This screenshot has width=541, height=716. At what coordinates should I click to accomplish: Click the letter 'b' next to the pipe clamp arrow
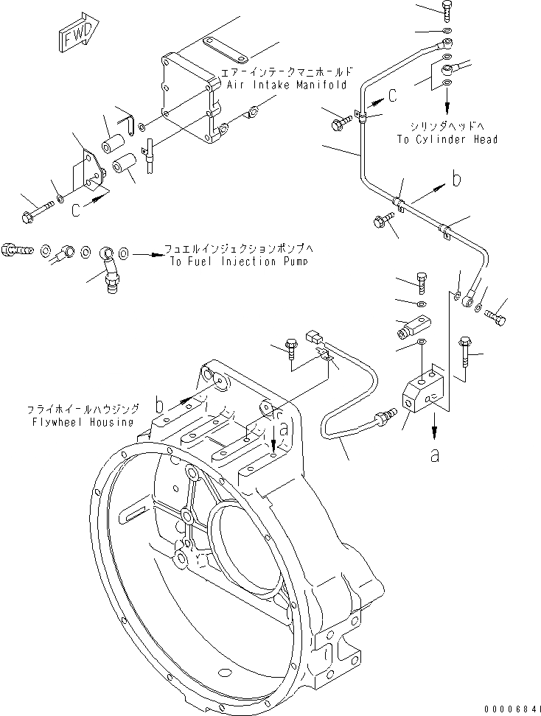(x=458, y=180)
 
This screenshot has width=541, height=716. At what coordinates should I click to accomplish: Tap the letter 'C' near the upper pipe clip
(x=392, y=94)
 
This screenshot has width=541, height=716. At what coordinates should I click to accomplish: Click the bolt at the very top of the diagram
(x=448, y=10)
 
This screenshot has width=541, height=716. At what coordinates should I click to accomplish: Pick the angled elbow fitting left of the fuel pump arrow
(x=111, y=264)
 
